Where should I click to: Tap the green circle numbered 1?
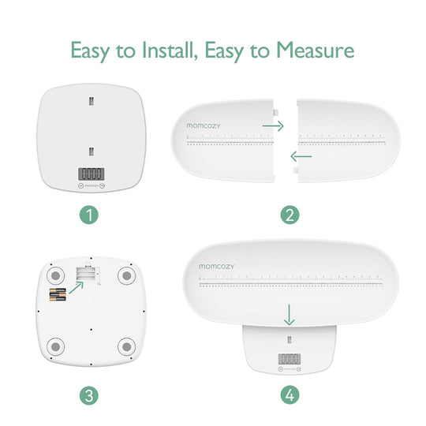(91, 215)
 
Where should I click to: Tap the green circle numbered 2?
(290, 215)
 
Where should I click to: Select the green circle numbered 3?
(91, 394)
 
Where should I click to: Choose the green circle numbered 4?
(290, 394)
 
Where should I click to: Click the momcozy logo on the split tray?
(205, 124)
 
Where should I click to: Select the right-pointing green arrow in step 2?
(273, 125)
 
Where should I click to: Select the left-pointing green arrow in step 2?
(301, 156)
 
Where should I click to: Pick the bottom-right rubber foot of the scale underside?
(127, 346)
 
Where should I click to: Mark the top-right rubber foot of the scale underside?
(127, 276)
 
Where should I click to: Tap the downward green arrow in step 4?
(290, 316)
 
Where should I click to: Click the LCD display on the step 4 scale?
(290, 359)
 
